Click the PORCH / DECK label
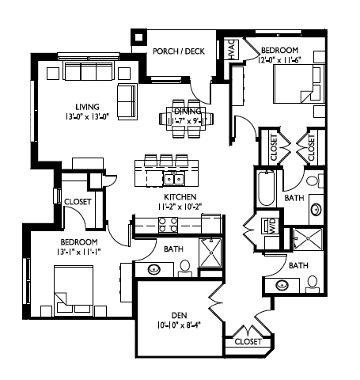179,51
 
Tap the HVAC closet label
232,50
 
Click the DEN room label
179,315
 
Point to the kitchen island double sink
174,179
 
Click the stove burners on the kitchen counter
168,225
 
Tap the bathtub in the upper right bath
266,188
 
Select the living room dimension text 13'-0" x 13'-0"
87,116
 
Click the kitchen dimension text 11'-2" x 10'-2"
180,207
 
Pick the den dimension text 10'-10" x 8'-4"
179,325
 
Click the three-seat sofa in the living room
89,70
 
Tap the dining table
186,118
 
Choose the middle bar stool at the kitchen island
166,160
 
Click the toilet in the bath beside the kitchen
184,268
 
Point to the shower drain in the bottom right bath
308,238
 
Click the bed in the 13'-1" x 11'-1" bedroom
74,291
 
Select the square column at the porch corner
139,37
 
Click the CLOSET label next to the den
248,341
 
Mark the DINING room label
188,111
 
